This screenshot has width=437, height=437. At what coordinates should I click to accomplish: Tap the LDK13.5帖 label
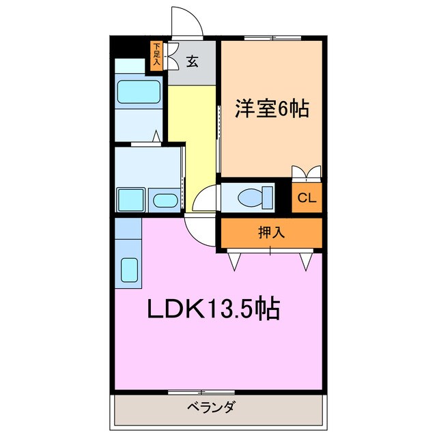[213, 311]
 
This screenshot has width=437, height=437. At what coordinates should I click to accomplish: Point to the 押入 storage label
[271, 232]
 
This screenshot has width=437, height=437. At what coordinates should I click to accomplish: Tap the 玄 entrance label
[192, 62]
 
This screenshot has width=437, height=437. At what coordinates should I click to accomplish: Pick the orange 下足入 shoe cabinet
[156, 55]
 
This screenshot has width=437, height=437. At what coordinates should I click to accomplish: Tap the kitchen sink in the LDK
[129, 270]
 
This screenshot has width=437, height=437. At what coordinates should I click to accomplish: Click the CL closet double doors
[307, 173]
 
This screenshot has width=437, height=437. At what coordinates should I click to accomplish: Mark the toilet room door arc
[205, 199]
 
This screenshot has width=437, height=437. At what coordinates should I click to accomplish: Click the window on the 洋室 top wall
[271, 38]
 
